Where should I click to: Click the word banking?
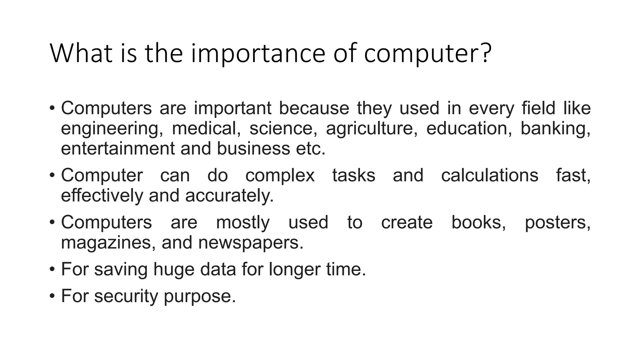click(555, 128)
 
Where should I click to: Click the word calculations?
click(489, 175)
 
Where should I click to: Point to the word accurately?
click(229, 196)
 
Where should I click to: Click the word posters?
click(557, 223)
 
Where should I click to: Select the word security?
click(126, 296)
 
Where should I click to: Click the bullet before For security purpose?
click(52, 296)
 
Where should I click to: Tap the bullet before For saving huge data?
click(52, 269)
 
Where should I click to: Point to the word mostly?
click(242, 223)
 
